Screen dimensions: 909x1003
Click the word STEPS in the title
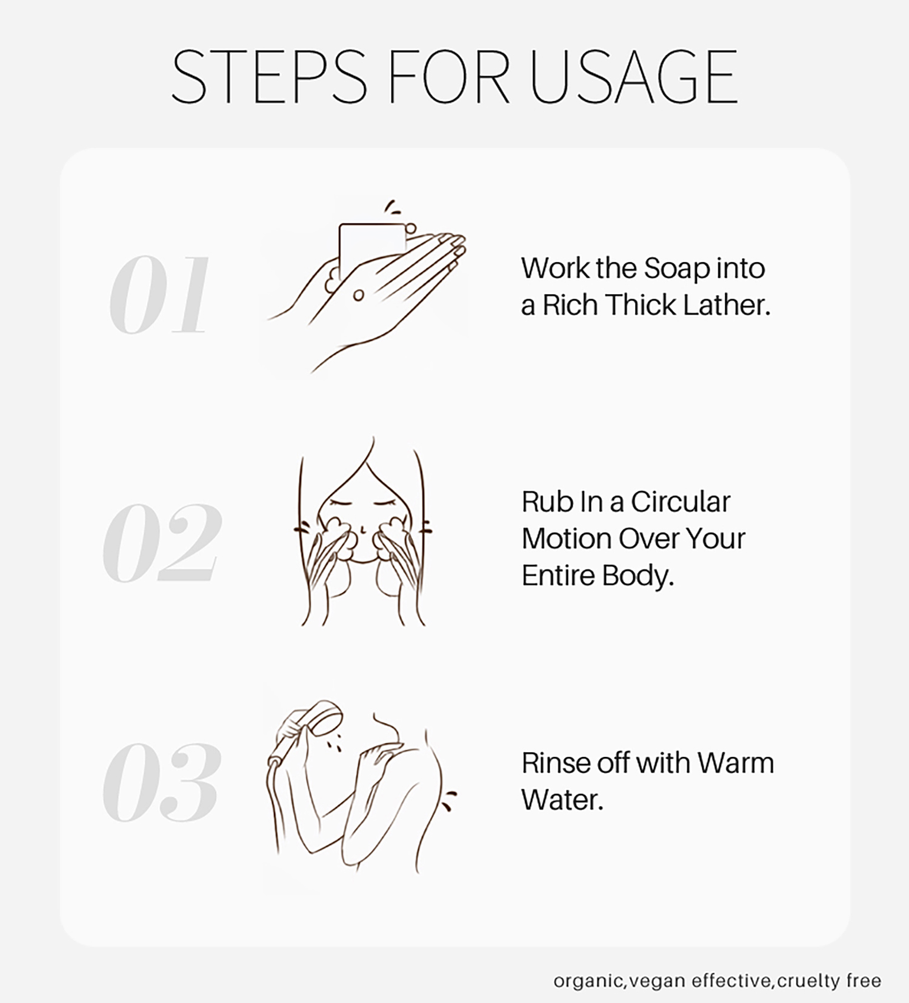pos(269,77)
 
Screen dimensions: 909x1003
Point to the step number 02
pos(161,542)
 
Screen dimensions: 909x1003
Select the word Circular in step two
pos(681,502)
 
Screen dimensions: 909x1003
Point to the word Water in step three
pos(562,800)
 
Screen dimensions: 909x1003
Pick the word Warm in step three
pos(736,763)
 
